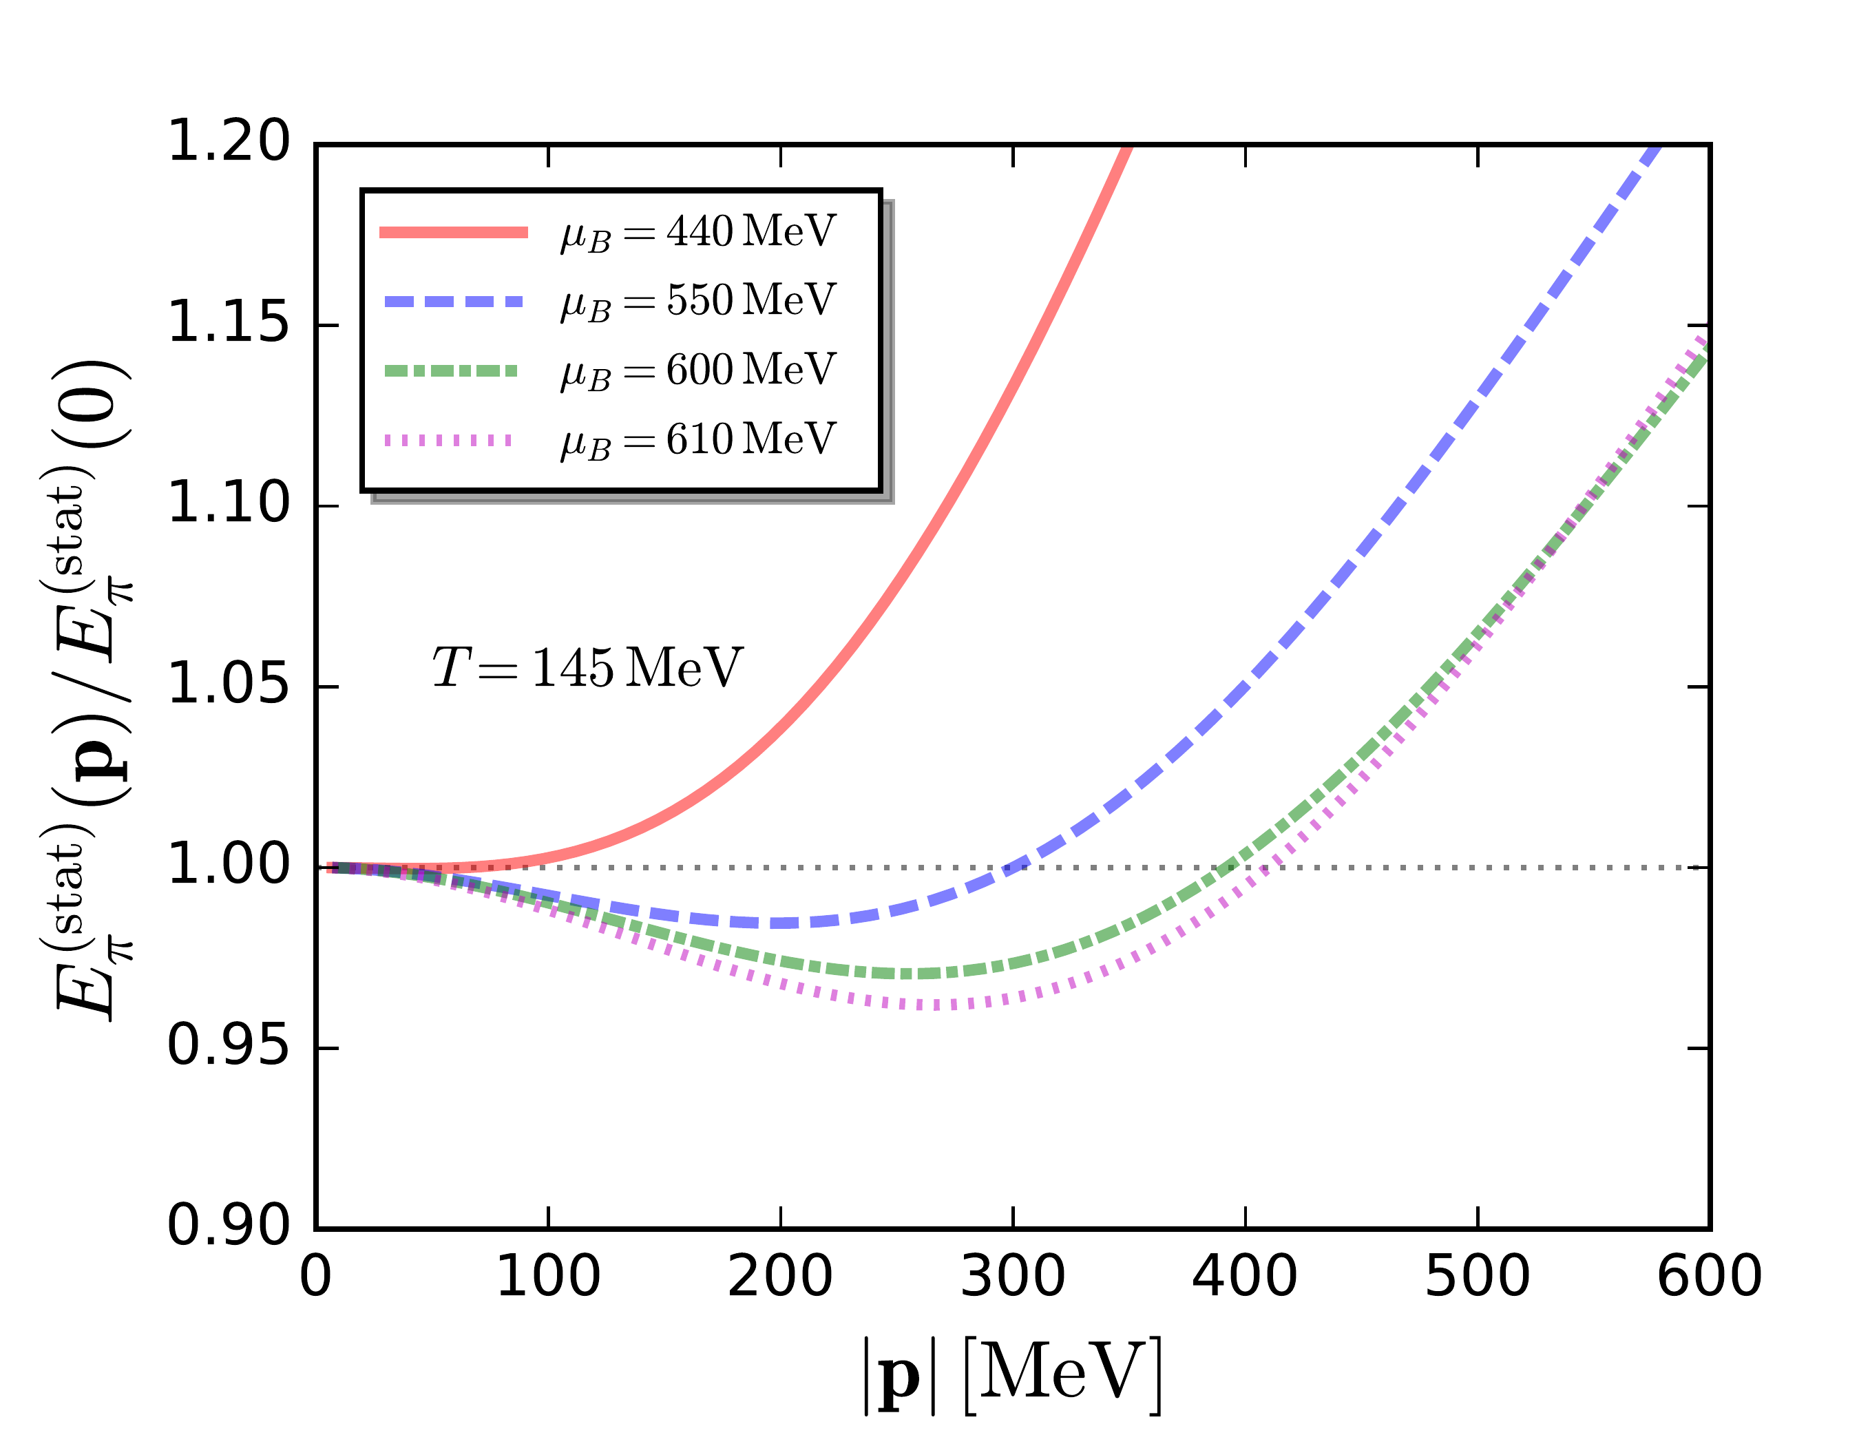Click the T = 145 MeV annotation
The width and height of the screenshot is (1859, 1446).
coord(587,667)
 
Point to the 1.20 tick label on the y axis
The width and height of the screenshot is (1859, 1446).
coord(228,141)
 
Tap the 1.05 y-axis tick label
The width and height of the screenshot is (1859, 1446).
coord(228,685)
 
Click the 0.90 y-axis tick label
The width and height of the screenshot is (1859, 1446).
coord(228,1227)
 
